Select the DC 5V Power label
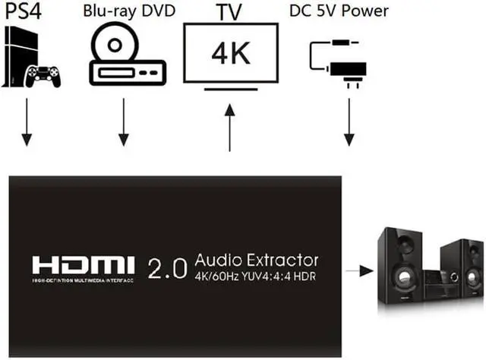click(x=339, y=11)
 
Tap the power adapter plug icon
click(x=349, y=69)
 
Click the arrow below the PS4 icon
click(x=27, y=122)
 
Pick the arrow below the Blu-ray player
click(x=124, y=122)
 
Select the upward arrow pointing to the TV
click(x=229, y=125)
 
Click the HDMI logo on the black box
click(x=84, y=265)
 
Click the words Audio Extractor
click(x=256, y=259)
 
